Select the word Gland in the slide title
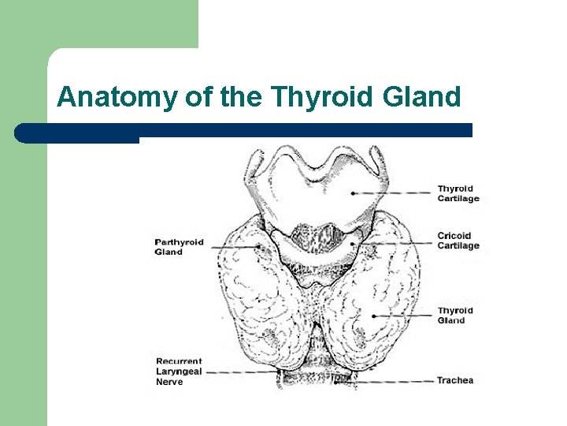(x=422, y=97)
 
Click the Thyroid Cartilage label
(x=458, y=193)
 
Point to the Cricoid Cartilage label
(x=458, y=241)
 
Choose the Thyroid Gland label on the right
(x=455, y=316)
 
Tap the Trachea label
(x=455, y=380)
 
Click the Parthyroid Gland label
(x=179, y=247)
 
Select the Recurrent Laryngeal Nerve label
(x=179, y=372)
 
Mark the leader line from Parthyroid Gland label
(x=232, y=247)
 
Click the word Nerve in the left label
(x=169, y=382)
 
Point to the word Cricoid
(x=454, y=236)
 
